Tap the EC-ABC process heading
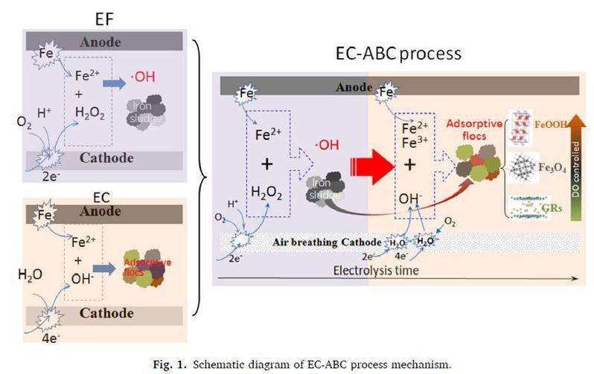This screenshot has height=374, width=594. (399, 54)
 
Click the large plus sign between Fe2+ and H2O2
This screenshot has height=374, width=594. (263, 163)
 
